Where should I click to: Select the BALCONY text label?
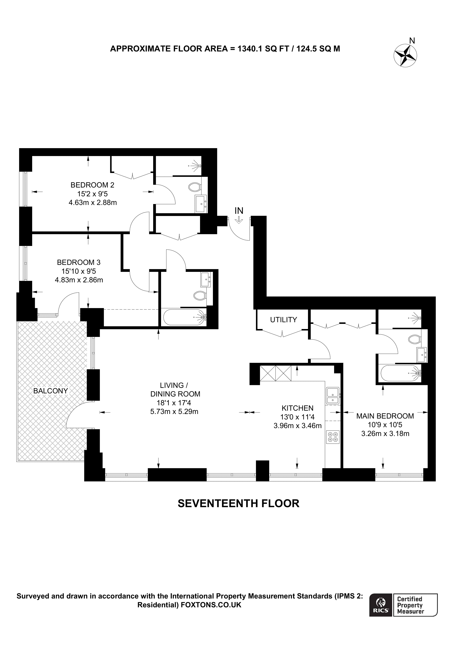(x=51, y=391)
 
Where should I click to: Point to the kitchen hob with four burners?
(x=333, y=437)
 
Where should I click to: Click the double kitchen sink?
(x=333, y=396)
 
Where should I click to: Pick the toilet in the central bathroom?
(x=200, y=295)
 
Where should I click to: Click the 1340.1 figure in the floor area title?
(x=250, y=49)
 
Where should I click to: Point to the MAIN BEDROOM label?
(x=385, y=416)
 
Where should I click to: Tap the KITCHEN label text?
(x=297, y=408)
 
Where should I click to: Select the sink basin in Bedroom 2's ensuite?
(x=201, y=204)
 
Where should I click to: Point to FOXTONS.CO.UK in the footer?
(x=211, y=605)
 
